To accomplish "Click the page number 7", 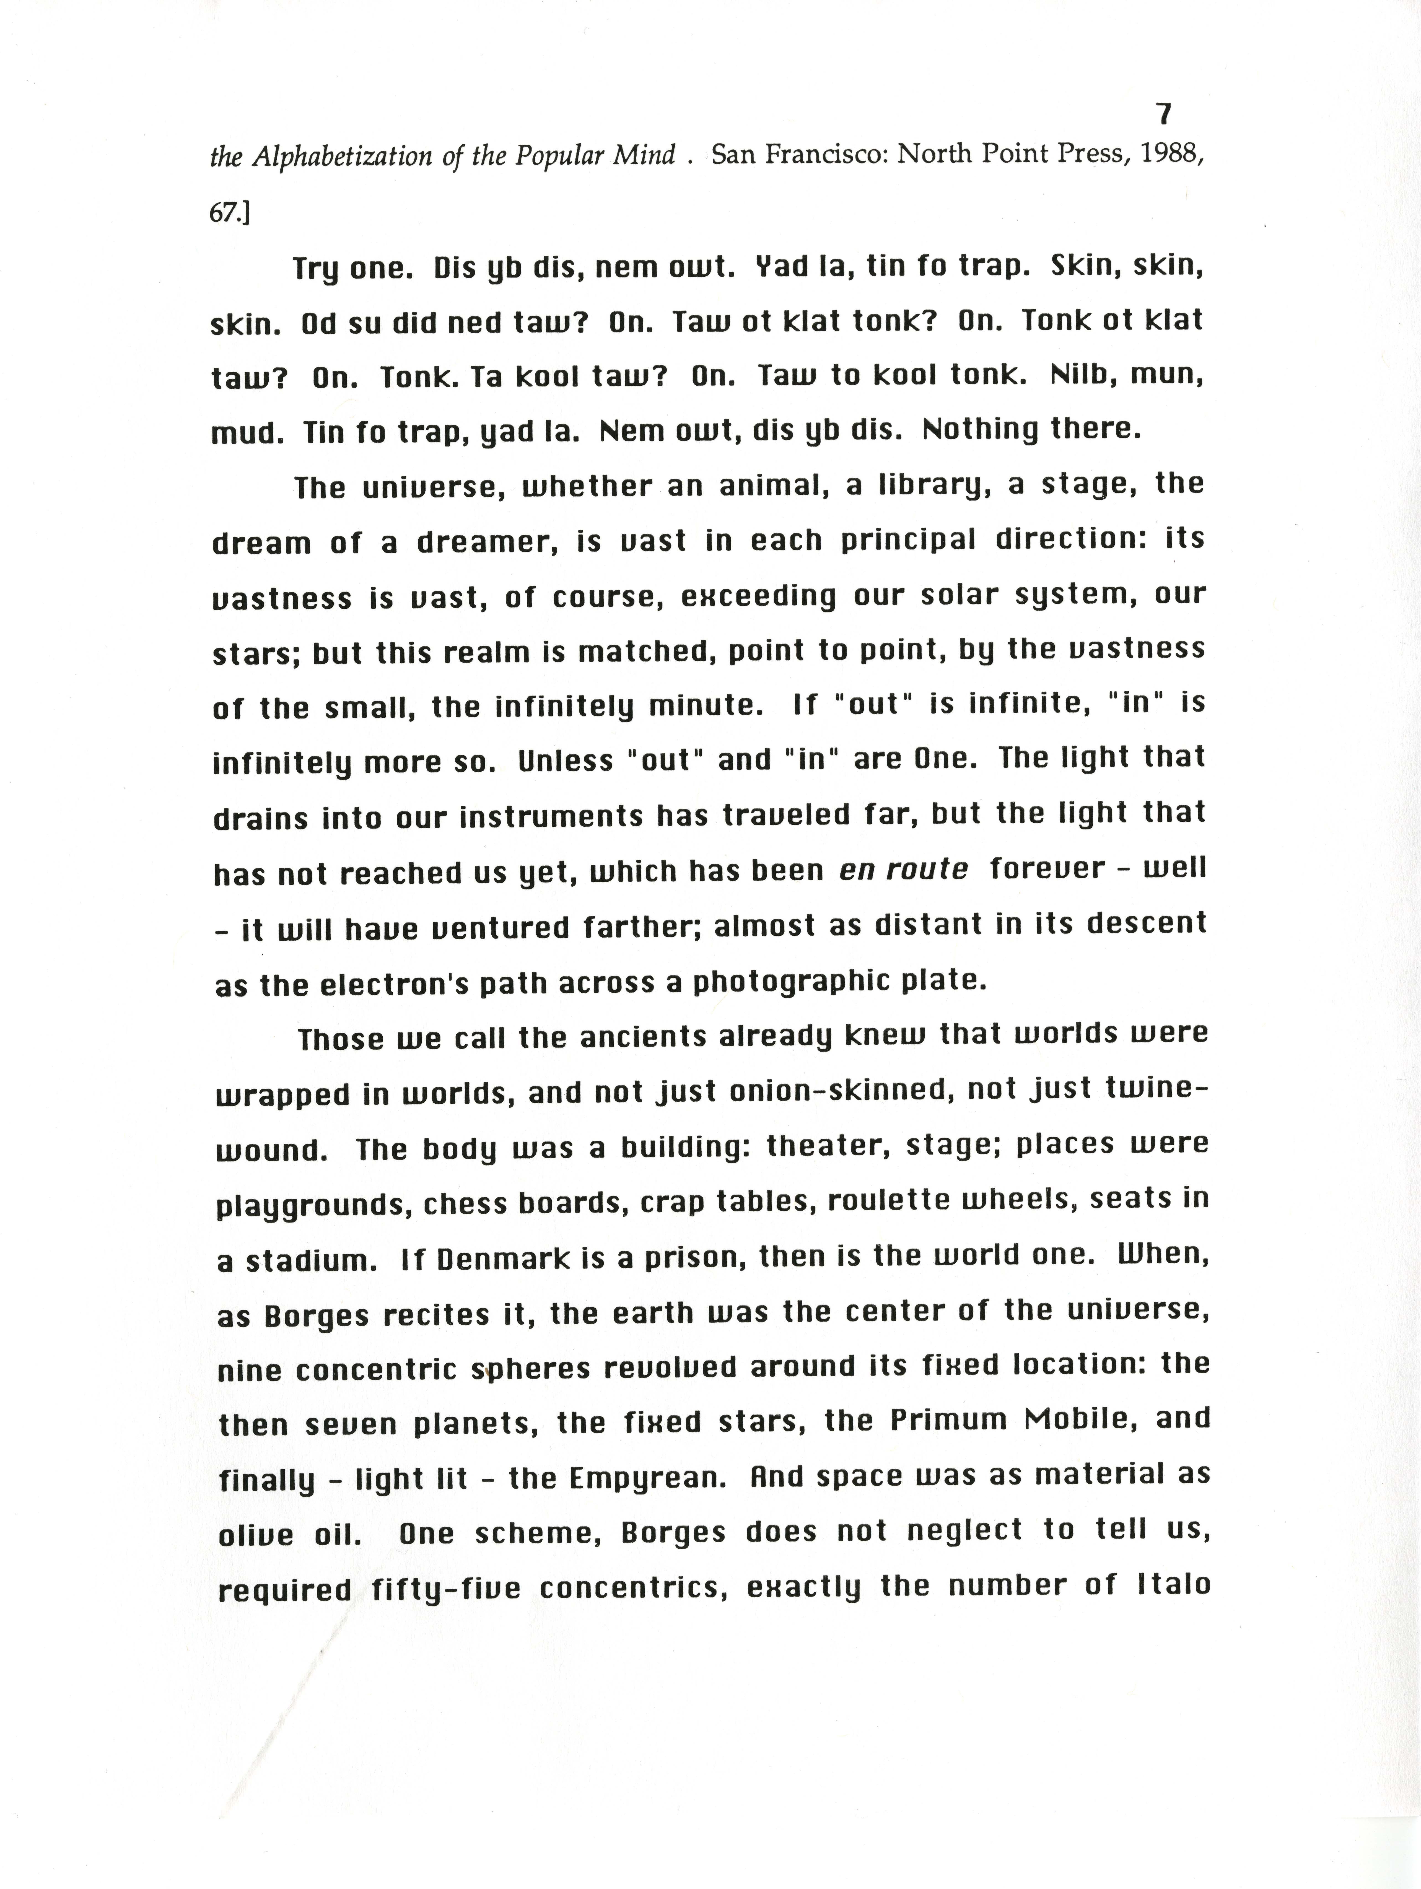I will click(x=1162, y=114).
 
